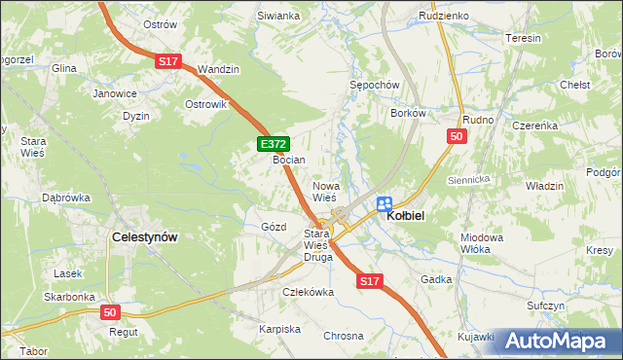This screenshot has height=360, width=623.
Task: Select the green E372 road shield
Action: pyautogui.click(x=272, y=144)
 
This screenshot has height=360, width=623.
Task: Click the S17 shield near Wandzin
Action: pyautogui.click(x=168, y=61)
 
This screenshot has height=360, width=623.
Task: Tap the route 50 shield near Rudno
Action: pyautogui.click(x=456, y=137)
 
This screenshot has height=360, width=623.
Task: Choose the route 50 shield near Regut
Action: pyautogui.click(x=111, y=312)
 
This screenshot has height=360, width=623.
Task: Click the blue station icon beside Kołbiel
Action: pyautogui.click(x=384, y=203)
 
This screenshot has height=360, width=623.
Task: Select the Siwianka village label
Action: pyautogui.click(x=277, y=17)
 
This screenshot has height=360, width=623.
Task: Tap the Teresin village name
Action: pyautogui.click(x=523, y=38)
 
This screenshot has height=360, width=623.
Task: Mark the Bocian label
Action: pyautogui.click(x=289, y=160)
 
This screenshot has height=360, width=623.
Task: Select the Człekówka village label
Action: pyautogui.click(x=308, y=291)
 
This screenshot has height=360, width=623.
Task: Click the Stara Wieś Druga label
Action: pyautogui.click(x=317, y=246)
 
